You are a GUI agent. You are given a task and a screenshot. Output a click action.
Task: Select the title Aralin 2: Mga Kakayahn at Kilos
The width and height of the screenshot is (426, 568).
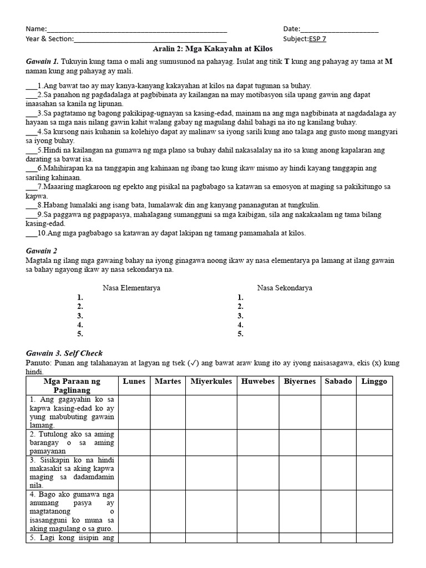213,49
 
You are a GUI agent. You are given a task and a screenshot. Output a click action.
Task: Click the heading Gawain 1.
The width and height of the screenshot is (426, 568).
42,62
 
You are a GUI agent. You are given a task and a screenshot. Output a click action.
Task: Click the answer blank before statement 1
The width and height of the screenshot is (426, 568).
31,86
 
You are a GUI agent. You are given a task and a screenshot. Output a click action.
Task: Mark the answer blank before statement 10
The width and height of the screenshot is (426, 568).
31,233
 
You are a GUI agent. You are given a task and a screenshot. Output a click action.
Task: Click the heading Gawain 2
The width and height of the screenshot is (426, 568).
42,251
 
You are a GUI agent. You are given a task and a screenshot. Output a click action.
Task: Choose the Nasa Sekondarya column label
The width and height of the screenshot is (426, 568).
285,288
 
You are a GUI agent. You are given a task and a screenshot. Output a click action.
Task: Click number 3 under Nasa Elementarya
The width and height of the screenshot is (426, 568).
80,316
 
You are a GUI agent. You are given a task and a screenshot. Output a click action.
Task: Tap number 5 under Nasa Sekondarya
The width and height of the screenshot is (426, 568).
241,334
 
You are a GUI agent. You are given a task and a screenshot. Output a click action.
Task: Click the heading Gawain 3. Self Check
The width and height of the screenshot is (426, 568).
64,353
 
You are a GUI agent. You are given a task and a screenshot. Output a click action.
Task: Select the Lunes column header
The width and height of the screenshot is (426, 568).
134,382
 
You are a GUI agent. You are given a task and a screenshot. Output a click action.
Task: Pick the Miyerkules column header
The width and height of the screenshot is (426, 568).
211,382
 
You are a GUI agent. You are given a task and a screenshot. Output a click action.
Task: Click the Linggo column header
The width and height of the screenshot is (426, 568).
374,382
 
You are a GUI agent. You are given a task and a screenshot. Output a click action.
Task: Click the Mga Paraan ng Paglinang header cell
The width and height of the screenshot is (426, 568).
72,386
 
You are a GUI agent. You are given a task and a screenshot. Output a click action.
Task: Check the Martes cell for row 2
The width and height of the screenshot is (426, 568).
168,442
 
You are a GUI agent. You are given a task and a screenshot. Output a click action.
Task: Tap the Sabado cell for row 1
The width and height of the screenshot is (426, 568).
338,412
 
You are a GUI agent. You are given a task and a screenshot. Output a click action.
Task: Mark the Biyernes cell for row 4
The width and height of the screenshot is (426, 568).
299,511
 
